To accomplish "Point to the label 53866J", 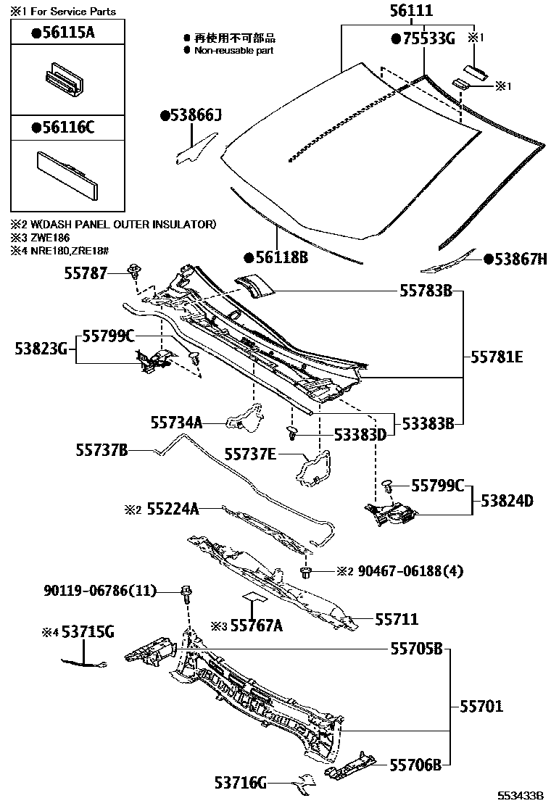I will pyautogui.click(x=191, y=115).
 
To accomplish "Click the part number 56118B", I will pyautogui.click(x=276, y=257).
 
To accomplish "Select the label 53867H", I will pyautogui.click(x=515, y=259).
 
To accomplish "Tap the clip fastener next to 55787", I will pyautogui.click(x=134, y=273).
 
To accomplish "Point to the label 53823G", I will pyautogui.click(x=40, y=349).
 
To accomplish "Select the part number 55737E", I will pyautogui.click(x=249, y=454).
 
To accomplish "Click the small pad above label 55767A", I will pyautogui.click(x=253, y=597).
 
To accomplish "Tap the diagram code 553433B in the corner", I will pyautogui.click(x=521, y=795).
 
